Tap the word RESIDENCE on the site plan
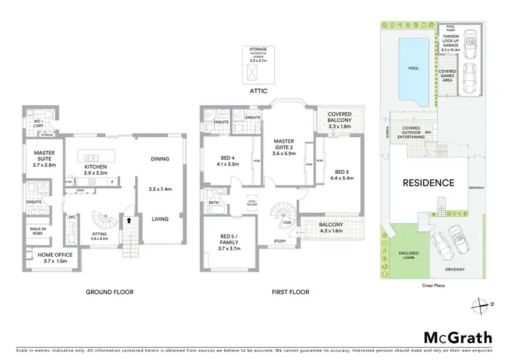pyautogui.click(x=429, y=183)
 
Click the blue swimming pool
pyautogui.click(x=413, y=69)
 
